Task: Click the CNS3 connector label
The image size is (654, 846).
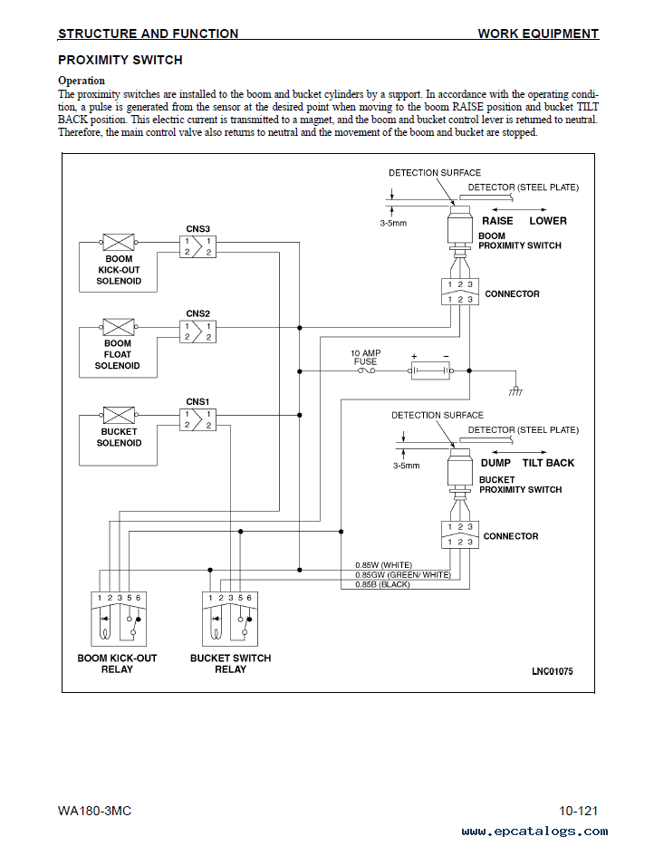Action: [197, 229]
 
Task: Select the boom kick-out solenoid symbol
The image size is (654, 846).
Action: [118, 242]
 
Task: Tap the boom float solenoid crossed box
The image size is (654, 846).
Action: [118, 327]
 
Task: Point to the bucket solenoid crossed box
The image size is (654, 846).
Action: [118, 416]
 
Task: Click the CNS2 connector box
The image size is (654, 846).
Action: [197, 332]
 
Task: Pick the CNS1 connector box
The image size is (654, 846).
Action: [197, 419]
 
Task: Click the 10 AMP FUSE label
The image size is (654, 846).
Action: [365, 357]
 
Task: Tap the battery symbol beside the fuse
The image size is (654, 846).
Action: [430, 370]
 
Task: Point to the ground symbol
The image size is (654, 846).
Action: [515, 391]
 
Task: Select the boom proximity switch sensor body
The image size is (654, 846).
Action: [460, 226]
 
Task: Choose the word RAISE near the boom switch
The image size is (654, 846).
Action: [497, 221]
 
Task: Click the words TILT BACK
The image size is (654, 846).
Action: [548, 463]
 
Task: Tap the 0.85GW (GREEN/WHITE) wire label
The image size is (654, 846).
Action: [402, 574]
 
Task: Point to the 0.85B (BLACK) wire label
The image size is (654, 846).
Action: [382, 584]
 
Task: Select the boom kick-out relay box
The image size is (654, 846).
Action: [119, 619]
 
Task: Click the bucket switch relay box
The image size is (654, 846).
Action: [230, 619]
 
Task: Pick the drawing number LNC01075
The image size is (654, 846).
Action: [552, 671]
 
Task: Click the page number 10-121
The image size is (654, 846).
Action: [579, 811]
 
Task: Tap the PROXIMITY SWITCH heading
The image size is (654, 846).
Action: [120, 60]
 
